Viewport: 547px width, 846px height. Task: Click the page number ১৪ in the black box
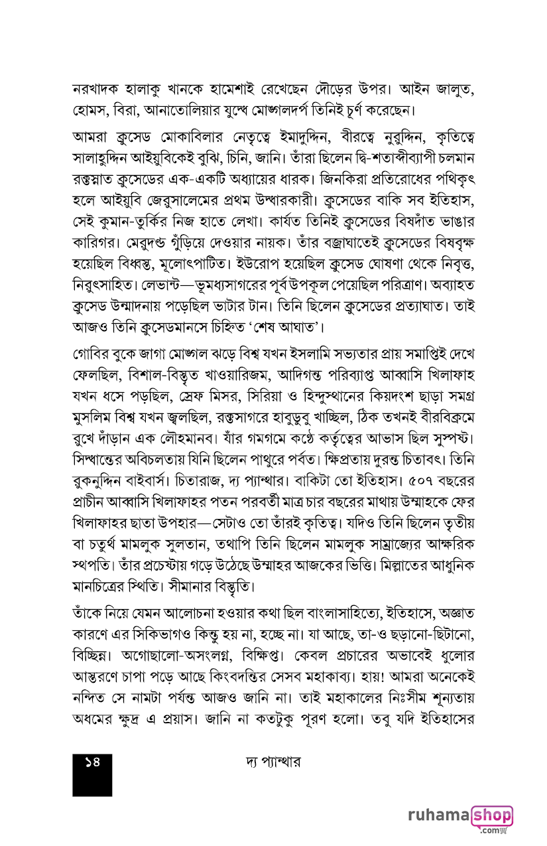pos(91,763)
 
